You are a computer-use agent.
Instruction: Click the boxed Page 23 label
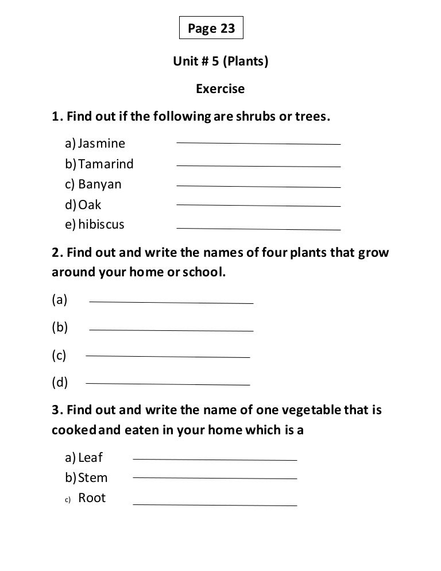click(211, 29)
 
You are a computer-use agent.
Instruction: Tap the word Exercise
click(220, 89)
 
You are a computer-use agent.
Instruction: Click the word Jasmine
click(102, 143)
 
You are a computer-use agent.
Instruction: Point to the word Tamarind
click(106, 164)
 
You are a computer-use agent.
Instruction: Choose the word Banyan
click(100, 184)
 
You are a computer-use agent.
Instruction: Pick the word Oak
click(90, 205)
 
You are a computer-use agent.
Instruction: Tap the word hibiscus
click(101, 224)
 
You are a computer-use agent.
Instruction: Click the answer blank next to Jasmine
click(258, 143)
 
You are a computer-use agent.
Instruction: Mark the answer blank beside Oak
click(258, 205)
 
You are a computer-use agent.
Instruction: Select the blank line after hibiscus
click(258, 229)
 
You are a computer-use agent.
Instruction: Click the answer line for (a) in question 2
click(171, 302)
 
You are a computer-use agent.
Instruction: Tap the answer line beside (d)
click(167, 384)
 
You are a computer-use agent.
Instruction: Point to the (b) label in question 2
click(60, 327)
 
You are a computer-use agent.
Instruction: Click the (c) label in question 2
click(59, 356)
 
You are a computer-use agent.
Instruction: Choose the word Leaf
click(90, 458)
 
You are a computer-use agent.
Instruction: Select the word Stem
click(92, 478)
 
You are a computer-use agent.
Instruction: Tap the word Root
click(92, 498)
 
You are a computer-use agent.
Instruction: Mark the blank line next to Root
click(215, 506)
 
